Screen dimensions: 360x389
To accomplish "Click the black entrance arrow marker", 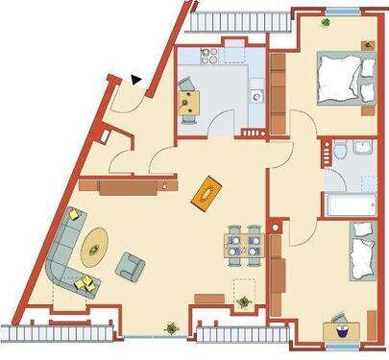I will point(137,82).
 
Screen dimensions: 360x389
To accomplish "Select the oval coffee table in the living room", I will point(94,247).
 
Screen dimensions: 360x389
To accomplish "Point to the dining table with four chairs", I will point(243,244).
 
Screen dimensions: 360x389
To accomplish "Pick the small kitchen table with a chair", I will point(188,101).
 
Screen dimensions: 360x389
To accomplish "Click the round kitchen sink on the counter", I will point(256,95).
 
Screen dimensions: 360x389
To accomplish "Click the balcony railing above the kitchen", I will point(240,19).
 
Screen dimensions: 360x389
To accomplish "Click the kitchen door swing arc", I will point(222,122).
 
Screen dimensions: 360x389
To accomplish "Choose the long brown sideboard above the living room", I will point(128,182).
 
